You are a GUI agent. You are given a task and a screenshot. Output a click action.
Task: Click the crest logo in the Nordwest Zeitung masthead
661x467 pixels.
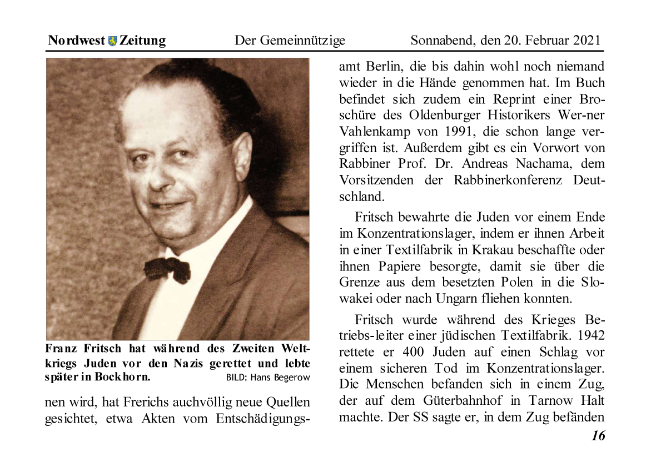(113, 41)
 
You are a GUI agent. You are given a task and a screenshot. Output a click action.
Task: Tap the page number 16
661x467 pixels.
(598, 436)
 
